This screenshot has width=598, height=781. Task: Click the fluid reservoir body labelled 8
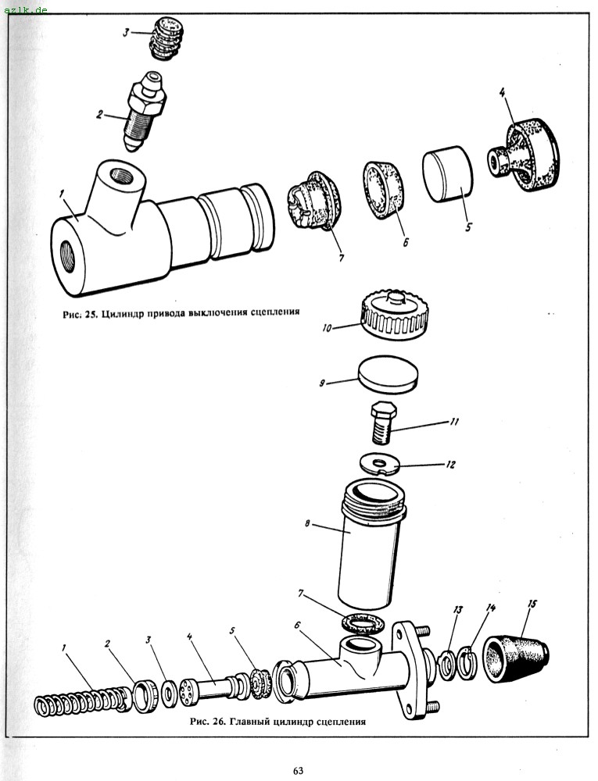pyautogui.click(x=370, y=547)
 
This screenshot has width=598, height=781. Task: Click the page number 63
pyautogui.click(x=298, y=771)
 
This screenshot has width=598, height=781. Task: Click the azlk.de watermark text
pyautogui.click(x=26, y=9)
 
